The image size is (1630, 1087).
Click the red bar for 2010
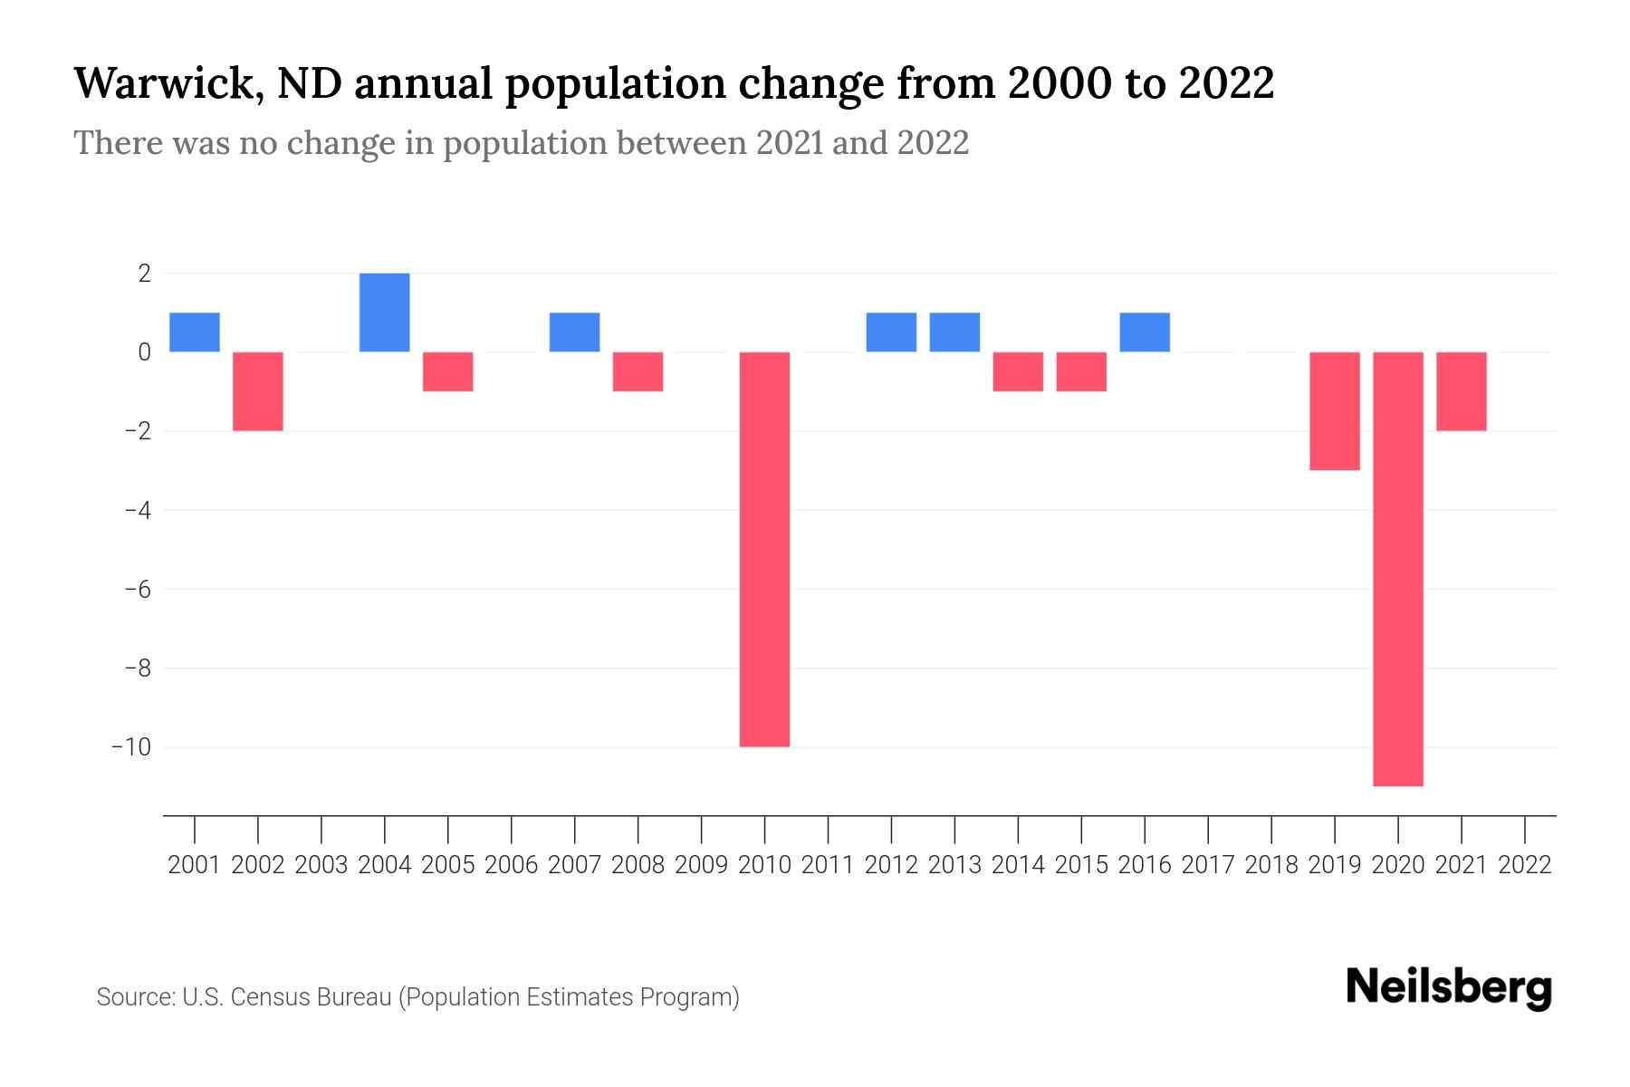click(764, 549)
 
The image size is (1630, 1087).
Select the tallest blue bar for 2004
click(384, 313)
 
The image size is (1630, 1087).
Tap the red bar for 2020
click(1398, 569)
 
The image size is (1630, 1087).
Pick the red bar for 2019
click(1335, 410)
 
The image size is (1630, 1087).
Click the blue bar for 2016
click(1145, 332)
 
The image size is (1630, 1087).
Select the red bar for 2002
click(258, 390)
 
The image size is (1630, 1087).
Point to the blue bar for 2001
click(195, 332)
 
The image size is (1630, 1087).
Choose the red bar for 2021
click(1462, 390)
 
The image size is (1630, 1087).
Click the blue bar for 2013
click(954, 332)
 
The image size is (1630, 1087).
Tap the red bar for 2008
click(638, 371)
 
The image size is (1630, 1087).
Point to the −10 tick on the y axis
click(130, 747)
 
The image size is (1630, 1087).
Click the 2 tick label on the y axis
click(144, 273)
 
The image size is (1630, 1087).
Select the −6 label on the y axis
click(137, 589)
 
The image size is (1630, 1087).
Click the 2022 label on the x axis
click(1525, 865)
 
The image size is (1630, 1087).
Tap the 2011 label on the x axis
click(828, 865)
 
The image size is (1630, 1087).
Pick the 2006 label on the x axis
click(512, 865)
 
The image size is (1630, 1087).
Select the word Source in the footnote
click(135, 997)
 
